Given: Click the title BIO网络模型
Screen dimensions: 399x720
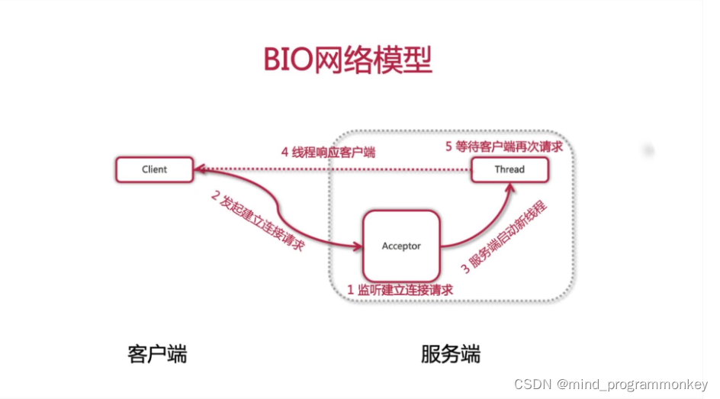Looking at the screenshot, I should [348, 60].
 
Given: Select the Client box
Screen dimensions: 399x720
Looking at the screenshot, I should [154, 169].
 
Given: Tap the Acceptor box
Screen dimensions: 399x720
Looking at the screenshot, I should [401, 246].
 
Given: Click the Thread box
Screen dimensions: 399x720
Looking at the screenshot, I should [509, 169].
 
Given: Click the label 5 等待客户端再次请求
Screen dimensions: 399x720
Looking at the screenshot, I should [504, 146].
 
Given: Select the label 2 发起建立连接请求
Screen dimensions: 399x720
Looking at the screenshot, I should [257, 220].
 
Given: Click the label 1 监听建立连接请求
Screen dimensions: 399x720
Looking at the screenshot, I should [400, 290].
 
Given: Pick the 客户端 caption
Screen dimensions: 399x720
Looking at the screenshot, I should [157, 354].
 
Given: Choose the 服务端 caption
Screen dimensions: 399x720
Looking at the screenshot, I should [450, 354].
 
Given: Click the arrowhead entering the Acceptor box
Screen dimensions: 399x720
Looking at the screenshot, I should [357, 246].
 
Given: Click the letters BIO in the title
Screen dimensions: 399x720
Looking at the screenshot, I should [288, 60].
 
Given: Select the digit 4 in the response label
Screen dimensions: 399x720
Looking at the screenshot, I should [284, 152].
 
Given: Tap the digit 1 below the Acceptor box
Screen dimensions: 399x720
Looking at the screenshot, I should [351, 290].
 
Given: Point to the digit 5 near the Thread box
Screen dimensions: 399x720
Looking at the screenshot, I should [449, 146].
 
